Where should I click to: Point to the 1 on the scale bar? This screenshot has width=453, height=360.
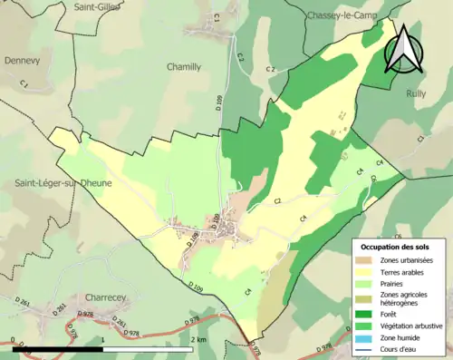point(103,339)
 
